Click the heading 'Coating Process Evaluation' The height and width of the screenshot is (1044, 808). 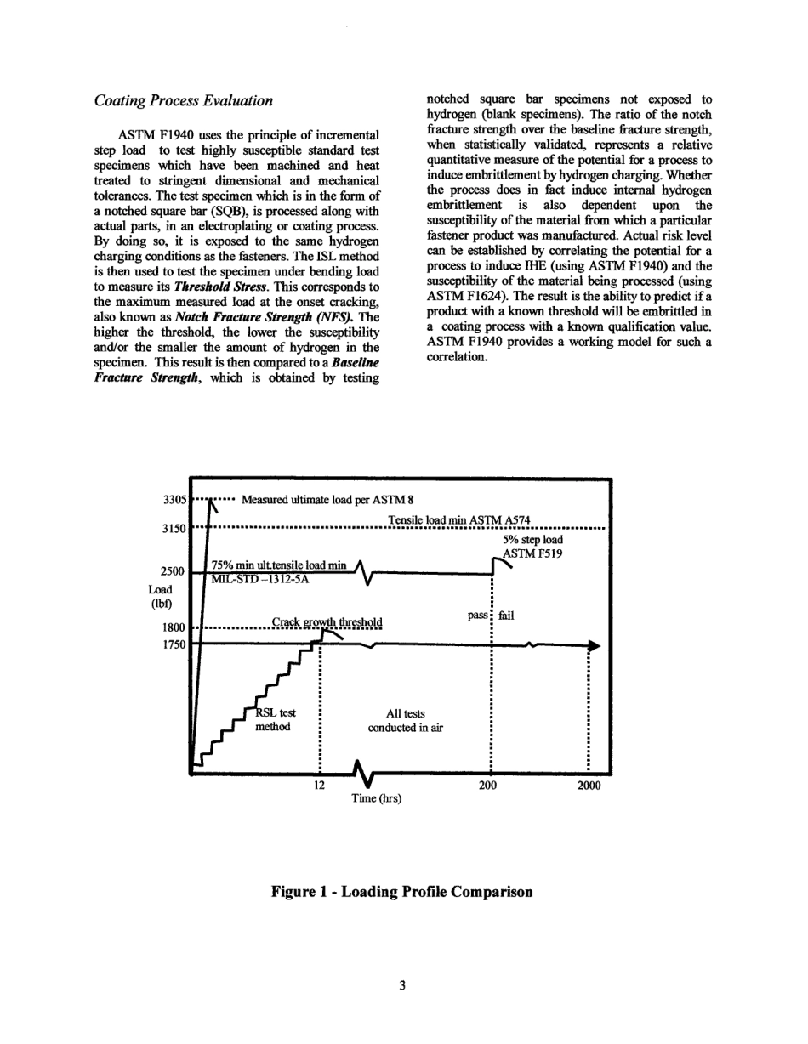tap(183, 101)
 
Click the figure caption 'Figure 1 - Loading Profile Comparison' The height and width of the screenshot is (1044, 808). tap(401, 892)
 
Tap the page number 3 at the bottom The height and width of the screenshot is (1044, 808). tap(402, 985)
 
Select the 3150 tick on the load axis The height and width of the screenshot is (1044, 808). tap(174, 527)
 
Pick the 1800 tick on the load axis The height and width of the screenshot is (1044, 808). tap(174, 630)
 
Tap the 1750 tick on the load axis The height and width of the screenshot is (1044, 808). tap(174, 645)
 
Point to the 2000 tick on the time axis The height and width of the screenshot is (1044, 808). tap(589, 785)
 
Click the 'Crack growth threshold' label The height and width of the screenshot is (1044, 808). tap(327, 621)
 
